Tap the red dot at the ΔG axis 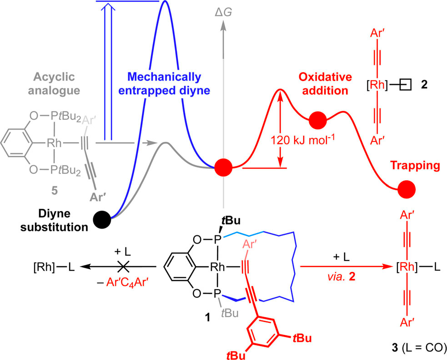(x=223, y=167)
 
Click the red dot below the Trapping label (x=406, y=189)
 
